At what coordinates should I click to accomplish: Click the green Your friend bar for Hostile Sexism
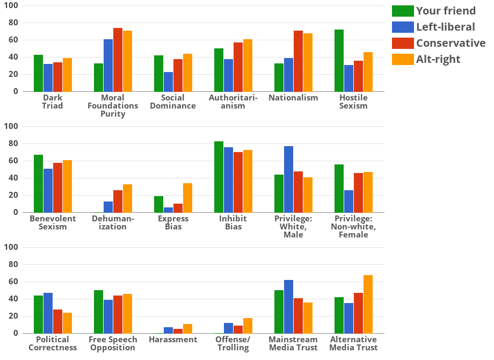point(339,61)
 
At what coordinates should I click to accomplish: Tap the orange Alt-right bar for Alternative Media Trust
point(368,304)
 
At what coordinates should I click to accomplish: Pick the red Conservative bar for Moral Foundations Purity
point(118,60)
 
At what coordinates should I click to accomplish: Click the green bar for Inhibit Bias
point(219,177)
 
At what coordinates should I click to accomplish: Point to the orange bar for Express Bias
point(187,198)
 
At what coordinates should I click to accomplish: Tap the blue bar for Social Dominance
point(168,82)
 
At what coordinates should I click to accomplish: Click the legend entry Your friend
point(446,11)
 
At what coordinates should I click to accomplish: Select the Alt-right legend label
point(438,59)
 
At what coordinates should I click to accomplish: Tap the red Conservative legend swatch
point(403,43)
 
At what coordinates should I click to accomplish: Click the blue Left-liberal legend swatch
point(403,27)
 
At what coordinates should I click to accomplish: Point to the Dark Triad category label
point(53,102)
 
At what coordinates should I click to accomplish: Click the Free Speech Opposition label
point(113,343)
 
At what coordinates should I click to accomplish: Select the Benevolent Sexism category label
point(53,222)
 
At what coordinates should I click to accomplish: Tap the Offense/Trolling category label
point(233,343)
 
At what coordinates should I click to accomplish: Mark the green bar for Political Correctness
point(38,314)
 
